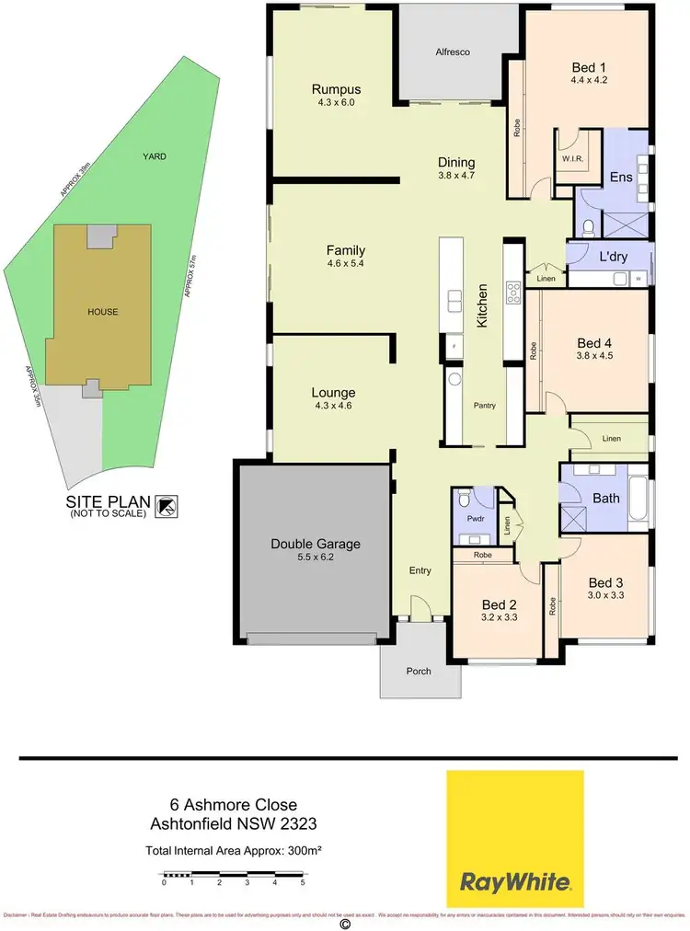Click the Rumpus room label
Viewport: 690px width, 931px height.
[335, 89]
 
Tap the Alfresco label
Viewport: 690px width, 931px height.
[453, 52]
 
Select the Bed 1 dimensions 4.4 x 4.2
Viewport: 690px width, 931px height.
[589, 80]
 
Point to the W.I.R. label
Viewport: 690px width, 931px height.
[572, 157]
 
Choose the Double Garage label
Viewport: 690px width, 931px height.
[315, 544]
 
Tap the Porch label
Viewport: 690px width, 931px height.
[419, 671]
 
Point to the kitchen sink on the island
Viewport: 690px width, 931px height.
[454, 302]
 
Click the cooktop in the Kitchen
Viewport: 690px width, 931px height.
[512, 293]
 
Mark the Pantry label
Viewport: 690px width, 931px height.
[485, 405]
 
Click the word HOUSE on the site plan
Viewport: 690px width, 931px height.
[102, 312]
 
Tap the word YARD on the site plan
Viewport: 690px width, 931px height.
[155, 157]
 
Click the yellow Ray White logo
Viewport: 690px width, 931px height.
[514, 839]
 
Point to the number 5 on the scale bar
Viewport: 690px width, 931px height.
[303, 882]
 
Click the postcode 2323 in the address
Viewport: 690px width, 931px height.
[306, 822]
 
